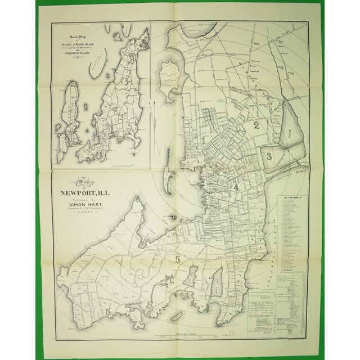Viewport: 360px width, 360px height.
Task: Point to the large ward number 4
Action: [236, 187]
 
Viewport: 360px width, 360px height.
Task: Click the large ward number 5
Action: [178, 259]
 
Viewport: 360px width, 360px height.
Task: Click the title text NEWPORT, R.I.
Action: [92, 196]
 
